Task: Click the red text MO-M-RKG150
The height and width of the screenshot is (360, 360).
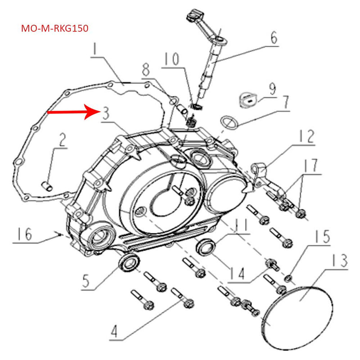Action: pos(55,28)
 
